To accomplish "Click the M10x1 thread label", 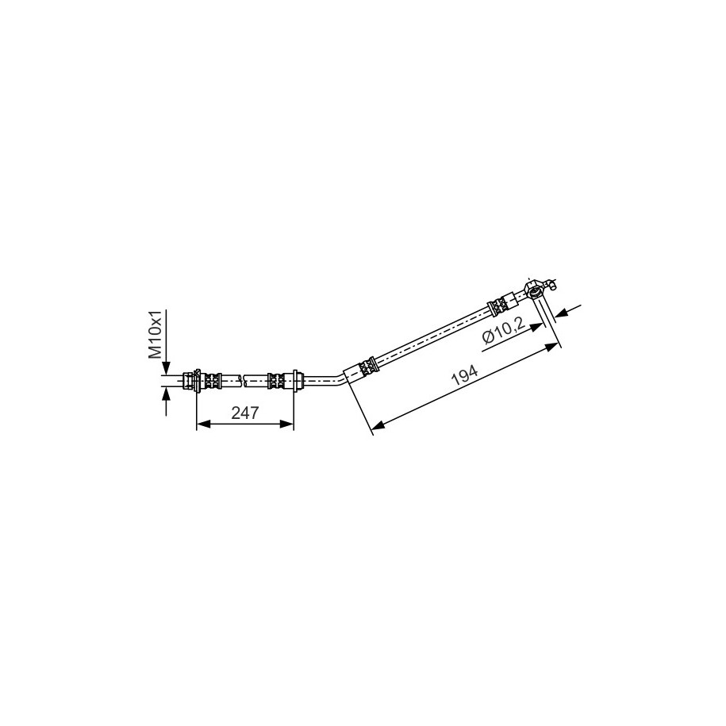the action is [155, 335].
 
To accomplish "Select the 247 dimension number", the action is [245, 412].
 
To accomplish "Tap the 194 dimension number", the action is [464, 375].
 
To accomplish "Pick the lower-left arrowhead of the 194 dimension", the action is [378, 424].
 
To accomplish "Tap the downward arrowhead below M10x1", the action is [166, 367].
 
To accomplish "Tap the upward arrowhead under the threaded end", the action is [166, 394].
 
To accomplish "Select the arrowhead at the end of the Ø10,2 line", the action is [536, 327].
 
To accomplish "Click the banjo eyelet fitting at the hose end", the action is [534, 290].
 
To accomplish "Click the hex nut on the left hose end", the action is [189, 381].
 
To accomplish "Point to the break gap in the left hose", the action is [243, 381].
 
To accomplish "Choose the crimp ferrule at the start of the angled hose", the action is [368, 366].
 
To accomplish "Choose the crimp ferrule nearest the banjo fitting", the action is [497, 306].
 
